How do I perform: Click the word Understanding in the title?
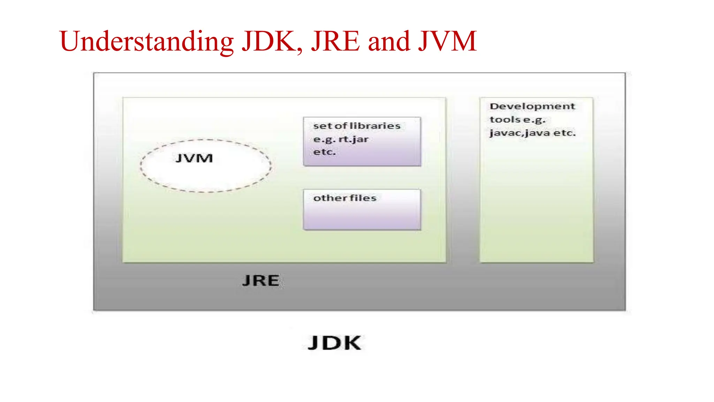146,42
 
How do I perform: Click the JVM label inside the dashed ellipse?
194,158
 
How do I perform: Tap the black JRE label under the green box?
261,281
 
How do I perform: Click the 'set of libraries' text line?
357,126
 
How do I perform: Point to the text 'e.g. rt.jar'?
341,140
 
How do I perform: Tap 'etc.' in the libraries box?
324,152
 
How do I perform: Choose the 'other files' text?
344,198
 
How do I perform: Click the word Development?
532,106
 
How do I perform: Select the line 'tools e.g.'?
517,120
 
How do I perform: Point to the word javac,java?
519,133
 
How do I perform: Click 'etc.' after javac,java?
564,133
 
